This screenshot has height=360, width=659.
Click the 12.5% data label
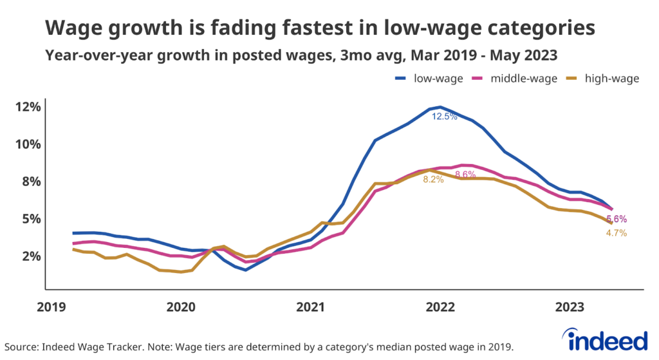444,117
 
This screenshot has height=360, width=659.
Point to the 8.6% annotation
465,175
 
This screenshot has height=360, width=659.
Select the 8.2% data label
433,180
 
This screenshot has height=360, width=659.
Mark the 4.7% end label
616,233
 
